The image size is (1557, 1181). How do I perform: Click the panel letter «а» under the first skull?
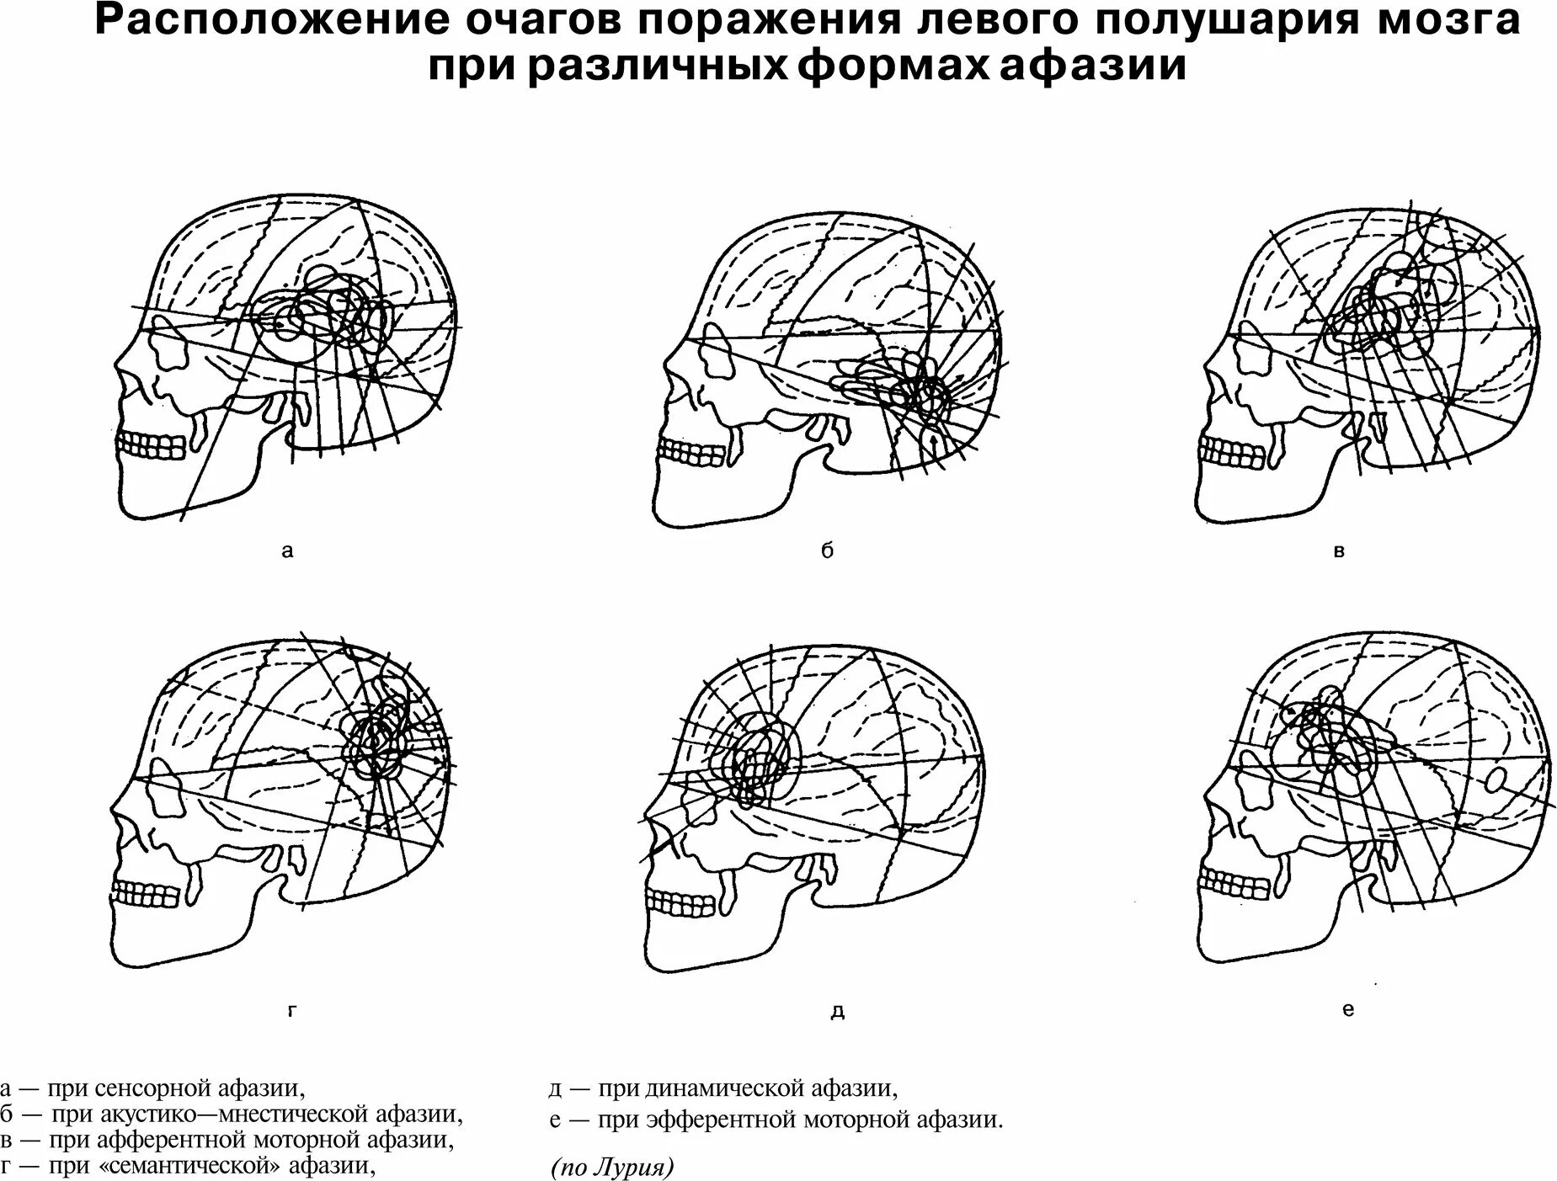pyautogui.click(x=288, y=552)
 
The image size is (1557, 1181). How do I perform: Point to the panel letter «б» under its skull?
pyautogui.click(x=827, y=551)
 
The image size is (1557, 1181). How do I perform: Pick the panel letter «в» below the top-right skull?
pyautogui.click(x=1340, y=552)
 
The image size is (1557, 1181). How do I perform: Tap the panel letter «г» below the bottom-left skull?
pyautogui.click(x=292, y=1011)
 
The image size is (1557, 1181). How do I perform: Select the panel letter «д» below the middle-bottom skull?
pyautogui.click(x=837, y=1011)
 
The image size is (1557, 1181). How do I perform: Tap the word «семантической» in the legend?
pyautogui.click(x=192, y=1166)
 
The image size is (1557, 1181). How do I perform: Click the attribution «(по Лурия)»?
pyautogui.click(x=612, y=1168)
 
